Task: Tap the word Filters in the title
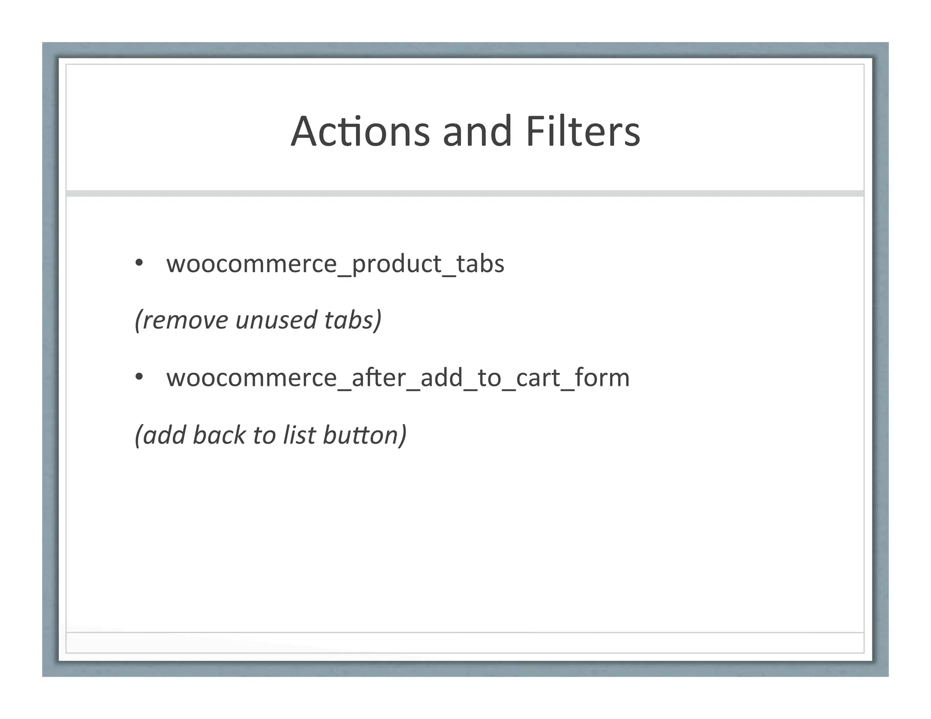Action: point(583,131)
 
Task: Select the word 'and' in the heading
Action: point(477,131)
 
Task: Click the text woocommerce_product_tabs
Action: point(335,264)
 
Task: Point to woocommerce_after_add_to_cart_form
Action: point(398,378)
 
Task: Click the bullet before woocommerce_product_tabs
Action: point(139,263)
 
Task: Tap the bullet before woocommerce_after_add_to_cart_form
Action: point(139,377)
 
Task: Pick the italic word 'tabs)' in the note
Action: point(353,320)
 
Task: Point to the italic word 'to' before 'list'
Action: point(264,435)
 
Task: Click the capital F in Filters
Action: point(533,131)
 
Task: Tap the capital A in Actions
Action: point(304,131)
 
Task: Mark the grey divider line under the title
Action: point(465,194)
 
